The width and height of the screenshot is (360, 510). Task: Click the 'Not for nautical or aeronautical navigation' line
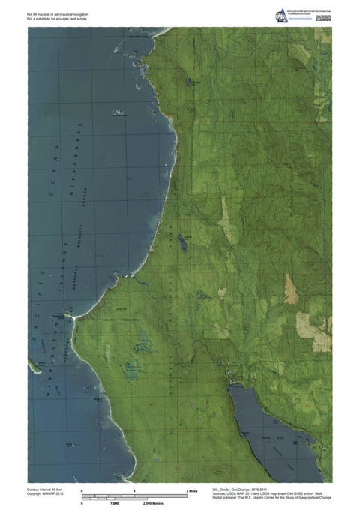[60, 13]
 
